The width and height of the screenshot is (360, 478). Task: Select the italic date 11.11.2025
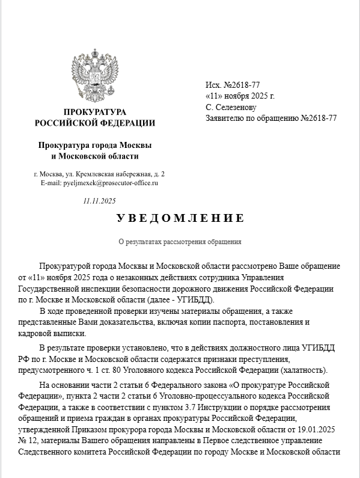tap(99, 201)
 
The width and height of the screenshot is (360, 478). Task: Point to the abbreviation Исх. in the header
tap(213, 85)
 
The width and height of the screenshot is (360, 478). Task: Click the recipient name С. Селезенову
tap(231, 107)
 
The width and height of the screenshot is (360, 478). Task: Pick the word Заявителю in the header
tap(225, 118)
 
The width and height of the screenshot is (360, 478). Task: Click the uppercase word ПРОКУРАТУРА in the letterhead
tap(95, 112)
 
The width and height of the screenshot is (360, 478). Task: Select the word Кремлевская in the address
tap(98, 174)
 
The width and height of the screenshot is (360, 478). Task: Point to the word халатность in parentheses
tap(307, 369)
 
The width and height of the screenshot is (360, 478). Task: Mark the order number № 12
tap(28, 441)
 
